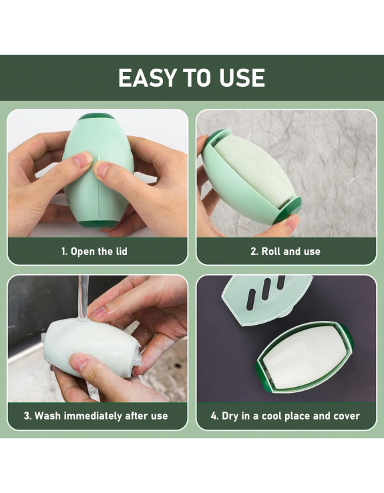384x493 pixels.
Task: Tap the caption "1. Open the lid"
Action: pyautogui.click(x=94, y=252)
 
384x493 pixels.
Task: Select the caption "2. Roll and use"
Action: pyautogui.click(x=285, y=252)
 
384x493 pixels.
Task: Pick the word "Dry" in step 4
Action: pyautogui.click(x=230, y=416)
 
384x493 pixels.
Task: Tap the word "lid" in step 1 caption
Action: pyautogui.click(x=119, y=252)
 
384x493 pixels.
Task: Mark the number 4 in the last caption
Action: pyautogui.click(x=214, y=416)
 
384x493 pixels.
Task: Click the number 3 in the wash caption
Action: pyautogui.click(x=27, y=416)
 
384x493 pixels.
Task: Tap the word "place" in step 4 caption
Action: pyautogui.click(x=294, y=416)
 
